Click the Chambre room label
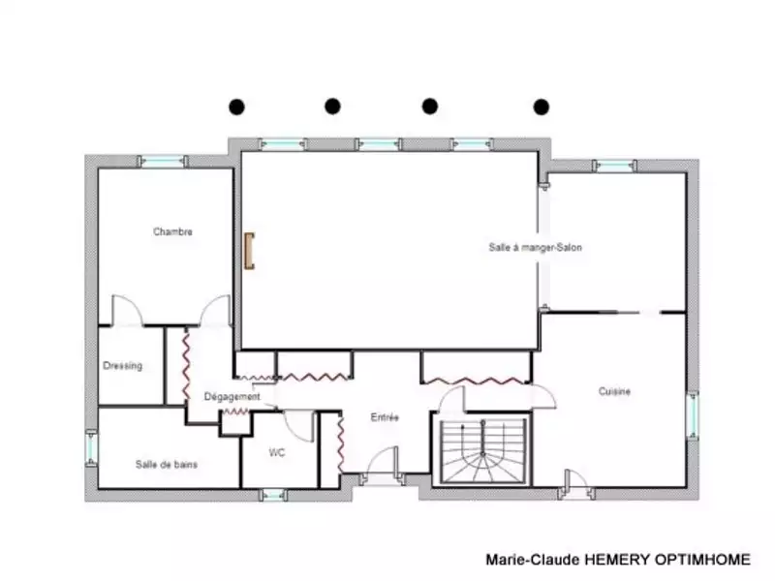[172, 231]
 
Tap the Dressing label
[123, 366]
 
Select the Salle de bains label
[167, 465]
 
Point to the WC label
[277, 452]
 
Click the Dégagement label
[232, 397]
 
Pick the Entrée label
[385, 417]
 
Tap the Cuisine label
[614, 391]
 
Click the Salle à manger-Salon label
[536, 247]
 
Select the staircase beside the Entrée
[482, 450]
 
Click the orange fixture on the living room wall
[250, 251]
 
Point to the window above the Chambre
[163, 161]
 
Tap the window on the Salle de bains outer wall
[92, 447]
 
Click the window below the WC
[273, 495]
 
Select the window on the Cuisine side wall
[693, 415]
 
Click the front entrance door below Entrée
[382, 467]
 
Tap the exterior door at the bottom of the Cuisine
[575, 485]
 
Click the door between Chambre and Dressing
[128, 311]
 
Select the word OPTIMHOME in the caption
[702, 560]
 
